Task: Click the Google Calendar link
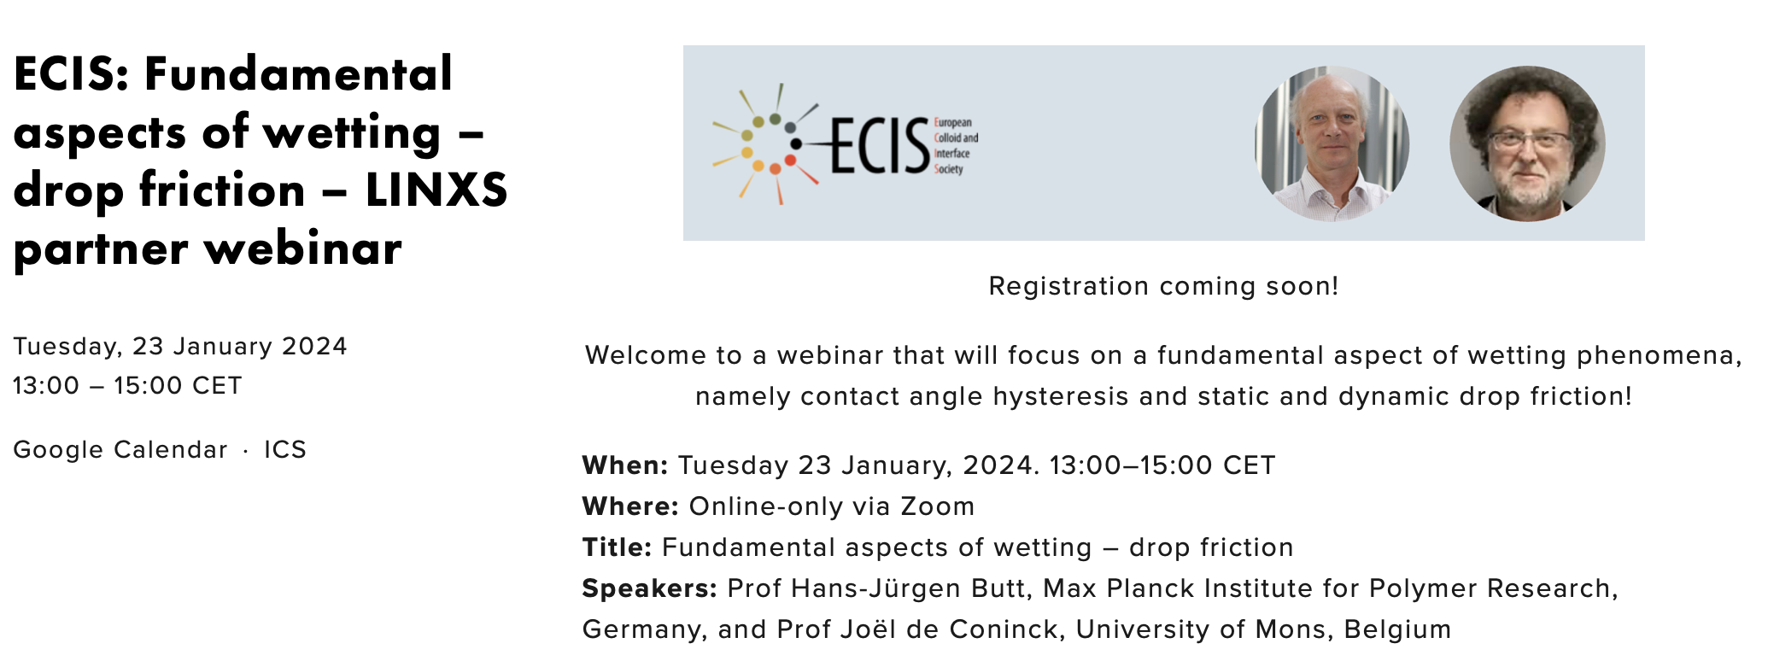coord(120,450)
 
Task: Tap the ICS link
coord(285,450)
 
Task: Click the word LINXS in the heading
coord(436,190)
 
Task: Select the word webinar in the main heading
coord(303,249)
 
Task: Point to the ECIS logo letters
coord(880,146)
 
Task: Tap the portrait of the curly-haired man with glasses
coord(1527,143)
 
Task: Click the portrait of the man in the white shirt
coord(1332,143)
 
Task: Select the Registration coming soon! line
coord(1163,286)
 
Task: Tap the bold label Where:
coord(630,506)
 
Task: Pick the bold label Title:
coord(617,547)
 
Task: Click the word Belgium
coord(1397,629)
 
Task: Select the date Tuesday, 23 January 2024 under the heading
coord(180,347)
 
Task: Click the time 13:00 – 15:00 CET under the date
coord(127,386)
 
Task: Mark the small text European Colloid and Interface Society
coord(956,146)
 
